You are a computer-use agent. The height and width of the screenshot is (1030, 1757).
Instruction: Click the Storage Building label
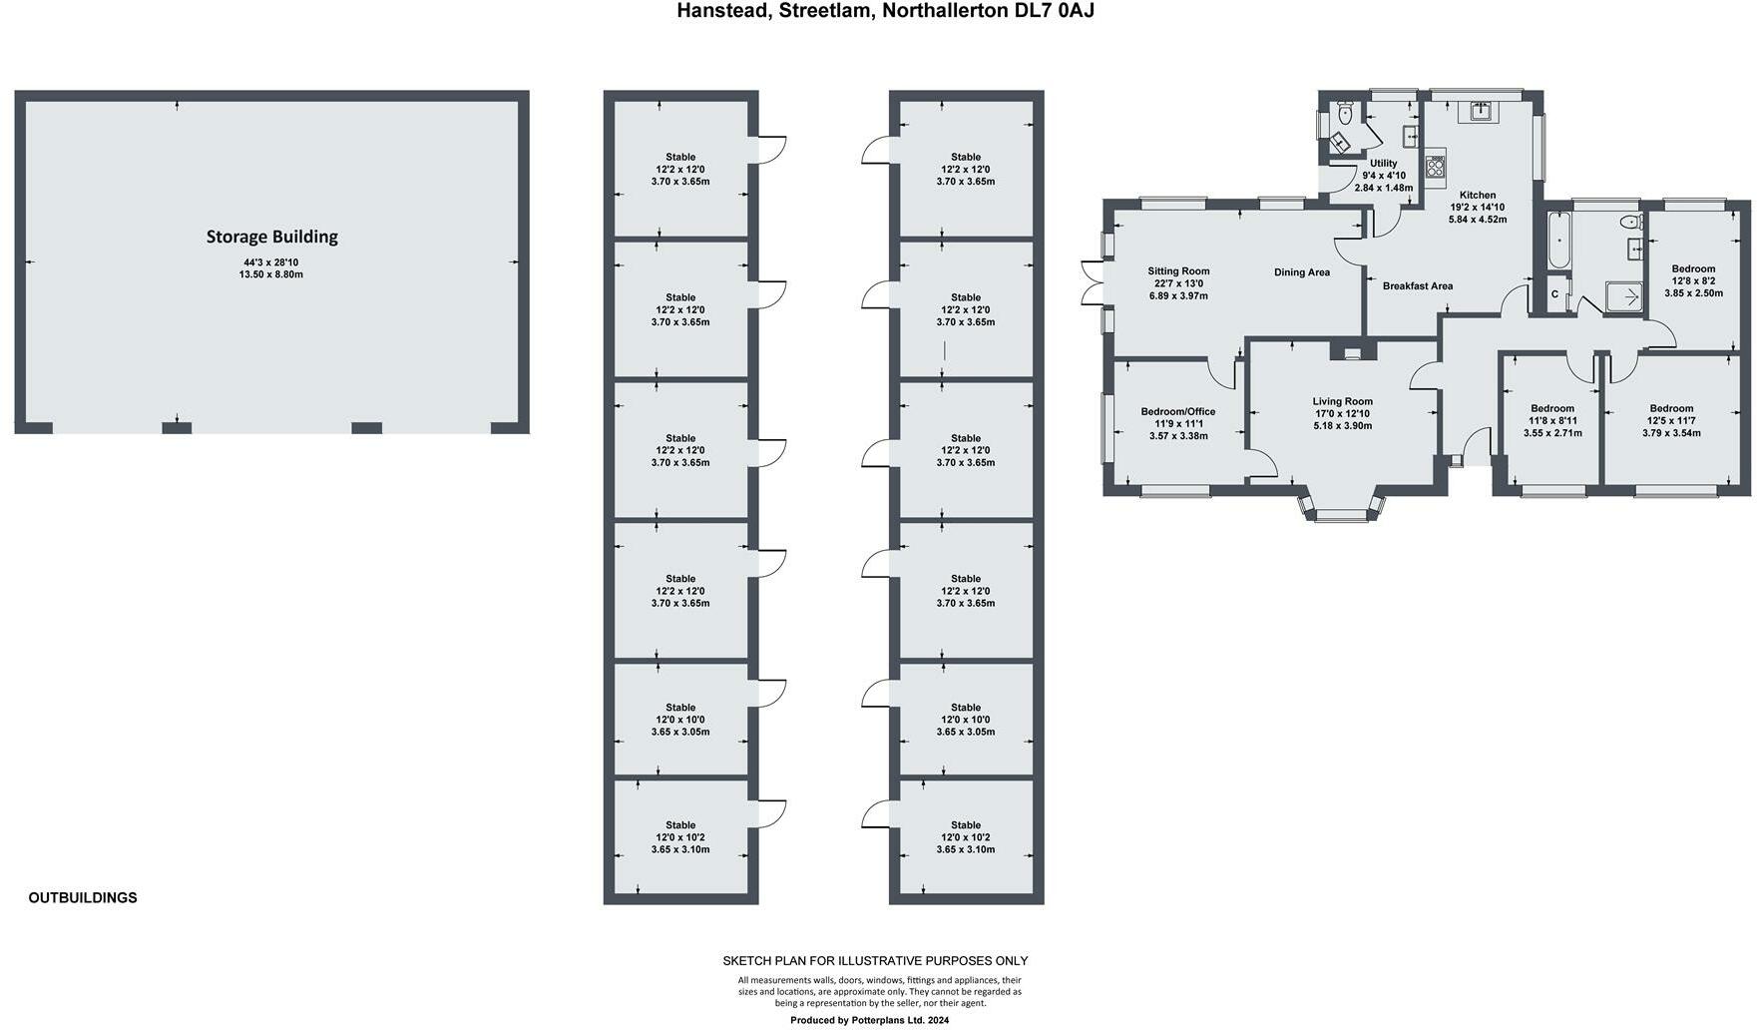271,237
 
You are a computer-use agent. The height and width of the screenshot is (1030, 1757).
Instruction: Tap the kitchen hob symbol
1436,165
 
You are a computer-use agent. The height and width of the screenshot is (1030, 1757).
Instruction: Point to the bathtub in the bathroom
1557,239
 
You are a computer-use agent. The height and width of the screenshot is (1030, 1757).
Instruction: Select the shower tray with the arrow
1624,296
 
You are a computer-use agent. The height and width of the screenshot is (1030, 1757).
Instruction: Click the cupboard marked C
1554,294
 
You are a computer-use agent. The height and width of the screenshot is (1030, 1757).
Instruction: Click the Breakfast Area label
1417,286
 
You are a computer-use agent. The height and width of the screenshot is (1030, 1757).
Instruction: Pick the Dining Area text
1301,272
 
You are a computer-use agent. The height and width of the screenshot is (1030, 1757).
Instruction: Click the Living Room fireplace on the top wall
1352,350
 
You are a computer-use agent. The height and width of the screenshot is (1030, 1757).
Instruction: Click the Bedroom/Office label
1177,411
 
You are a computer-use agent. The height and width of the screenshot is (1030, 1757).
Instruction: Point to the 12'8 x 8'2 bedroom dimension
1693,281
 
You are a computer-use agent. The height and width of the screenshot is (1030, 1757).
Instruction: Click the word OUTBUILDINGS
83,897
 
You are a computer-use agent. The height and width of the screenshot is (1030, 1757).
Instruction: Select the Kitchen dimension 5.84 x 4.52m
1477,220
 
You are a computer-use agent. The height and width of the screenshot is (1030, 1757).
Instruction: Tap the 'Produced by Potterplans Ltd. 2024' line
869,1020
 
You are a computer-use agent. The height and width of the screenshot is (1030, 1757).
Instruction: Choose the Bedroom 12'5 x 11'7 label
1671,408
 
